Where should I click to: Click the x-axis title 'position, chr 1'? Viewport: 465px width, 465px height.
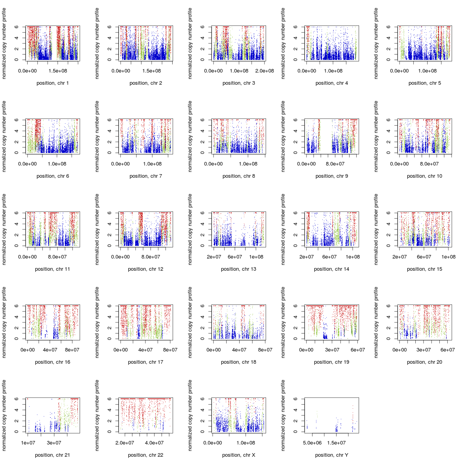coord(52,83)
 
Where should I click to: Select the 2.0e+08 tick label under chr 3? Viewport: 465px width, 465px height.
coord(264,71)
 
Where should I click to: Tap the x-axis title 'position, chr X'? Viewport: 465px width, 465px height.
coord(238,455)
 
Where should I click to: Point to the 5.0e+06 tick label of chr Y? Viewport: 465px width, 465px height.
coord(312,443)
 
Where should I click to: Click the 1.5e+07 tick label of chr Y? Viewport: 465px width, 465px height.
coord(337,443)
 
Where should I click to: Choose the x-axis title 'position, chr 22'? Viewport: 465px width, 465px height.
coord(145,455)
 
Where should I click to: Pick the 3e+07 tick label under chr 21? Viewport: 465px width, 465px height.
coord(54,443)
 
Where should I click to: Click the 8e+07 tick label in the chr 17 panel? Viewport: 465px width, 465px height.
coord(170,350)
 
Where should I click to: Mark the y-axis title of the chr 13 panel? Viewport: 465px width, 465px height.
coord(190,229)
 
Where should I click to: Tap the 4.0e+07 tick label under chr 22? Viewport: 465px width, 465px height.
coord(154,443)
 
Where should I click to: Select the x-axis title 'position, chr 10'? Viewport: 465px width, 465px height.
coord(424,176)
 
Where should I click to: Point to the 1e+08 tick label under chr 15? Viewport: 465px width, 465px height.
coord(448,257)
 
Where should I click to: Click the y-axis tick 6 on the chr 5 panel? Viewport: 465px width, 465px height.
coord(389,27)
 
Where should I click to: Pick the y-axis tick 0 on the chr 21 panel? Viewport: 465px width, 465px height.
coord(17,432)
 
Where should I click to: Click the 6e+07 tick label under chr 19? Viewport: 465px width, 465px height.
coord(358,350)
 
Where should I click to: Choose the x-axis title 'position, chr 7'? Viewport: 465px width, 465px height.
coord(145,176)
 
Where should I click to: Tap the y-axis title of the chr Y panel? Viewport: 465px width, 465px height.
coord(283,415)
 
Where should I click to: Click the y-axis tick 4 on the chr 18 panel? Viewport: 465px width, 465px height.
coord(203,317)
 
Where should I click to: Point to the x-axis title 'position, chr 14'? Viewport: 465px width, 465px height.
coord(331,269)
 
